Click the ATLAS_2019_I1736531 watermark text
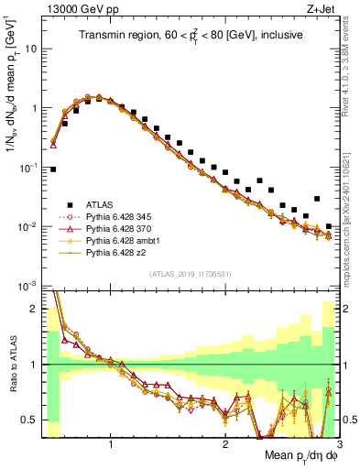click(191, 274)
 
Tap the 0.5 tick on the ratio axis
click(29, 420)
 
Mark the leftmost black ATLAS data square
click(54, 169)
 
